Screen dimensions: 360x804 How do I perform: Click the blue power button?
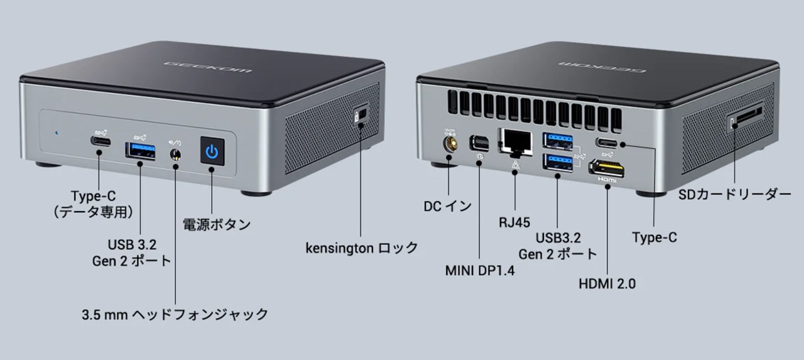212,151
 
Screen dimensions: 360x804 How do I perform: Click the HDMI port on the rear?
607,167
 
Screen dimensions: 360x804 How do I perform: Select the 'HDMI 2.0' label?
607,284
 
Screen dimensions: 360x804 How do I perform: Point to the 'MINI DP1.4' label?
480,271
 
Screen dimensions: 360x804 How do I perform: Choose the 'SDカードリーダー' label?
735,195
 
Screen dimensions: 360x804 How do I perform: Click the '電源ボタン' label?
217,224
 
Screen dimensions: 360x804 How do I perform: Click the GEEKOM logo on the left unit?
207,67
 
